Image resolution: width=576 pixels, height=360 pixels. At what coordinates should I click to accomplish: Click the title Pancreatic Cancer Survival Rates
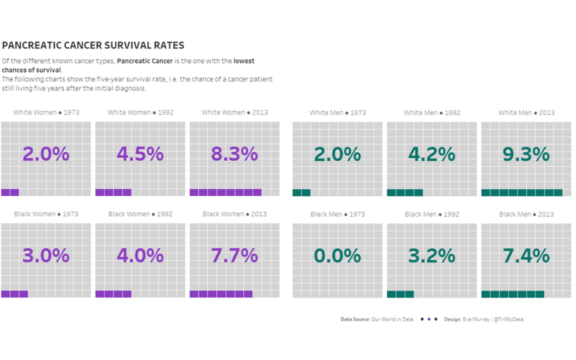[93, 46]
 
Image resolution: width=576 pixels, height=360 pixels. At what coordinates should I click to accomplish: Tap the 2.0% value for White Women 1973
[46, 154]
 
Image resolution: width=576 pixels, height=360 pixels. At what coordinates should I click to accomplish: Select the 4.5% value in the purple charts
[140, 154]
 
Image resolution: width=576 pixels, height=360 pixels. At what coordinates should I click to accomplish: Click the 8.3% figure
[235, 154]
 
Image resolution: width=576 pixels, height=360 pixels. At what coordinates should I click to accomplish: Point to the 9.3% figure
[526, 154]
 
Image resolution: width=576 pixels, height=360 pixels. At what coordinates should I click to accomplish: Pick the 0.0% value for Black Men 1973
[338, 256]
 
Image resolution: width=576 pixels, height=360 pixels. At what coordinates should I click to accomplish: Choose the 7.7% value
[235, 256]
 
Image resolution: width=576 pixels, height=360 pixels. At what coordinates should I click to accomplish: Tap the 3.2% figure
[431, 256]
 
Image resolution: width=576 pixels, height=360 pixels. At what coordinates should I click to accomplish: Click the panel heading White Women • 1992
[140, 113]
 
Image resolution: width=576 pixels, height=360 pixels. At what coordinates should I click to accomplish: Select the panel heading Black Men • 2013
[526, 214]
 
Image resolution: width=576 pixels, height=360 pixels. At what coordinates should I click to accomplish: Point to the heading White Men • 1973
[338, 113]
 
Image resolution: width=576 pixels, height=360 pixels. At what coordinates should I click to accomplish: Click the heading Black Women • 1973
[46, 214]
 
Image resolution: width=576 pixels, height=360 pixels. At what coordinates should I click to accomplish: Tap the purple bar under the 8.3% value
[226, 193]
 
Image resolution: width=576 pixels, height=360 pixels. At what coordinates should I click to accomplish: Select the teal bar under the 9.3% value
[522, 193]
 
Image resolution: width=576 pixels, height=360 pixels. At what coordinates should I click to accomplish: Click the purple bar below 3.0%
[14, 294]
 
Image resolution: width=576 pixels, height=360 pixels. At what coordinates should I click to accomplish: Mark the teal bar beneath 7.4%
[513, 294]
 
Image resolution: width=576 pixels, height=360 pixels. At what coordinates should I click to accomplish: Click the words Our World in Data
[392, 319]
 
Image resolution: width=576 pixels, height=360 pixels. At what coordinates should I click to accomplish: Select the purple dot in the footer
[429, 319]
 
